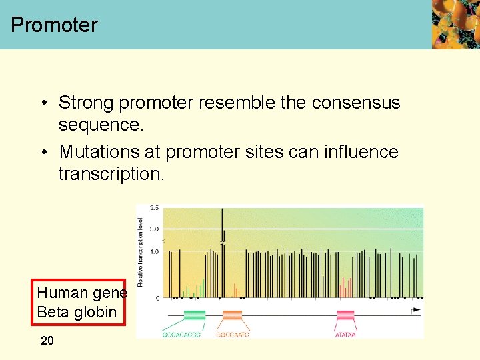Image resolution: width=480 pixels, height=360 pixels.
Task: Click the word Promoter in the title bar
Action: click(x=54, y=25)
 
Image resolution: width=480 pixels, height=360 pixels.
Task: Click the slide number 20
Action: click(x=47, y=341)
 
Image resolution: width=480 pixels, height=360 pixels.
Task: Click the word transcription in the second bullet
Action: click(x=109, y=174)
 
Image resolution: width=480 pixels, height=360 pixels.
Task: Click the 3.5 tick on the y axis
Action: click(x=154, y=208)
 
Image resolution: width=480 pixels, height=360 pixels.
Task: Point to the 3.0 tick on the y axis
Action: click(x=154, y=229)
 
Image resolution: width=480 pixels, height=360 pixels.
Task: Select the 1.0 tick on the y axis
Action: click(x=154, y=251)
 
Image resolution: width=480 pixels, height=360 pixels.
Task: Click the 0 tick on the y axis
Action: click(x=157, y=298)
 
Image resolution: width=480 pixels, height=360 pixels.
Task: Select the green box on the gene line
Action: click(x=194, y=314)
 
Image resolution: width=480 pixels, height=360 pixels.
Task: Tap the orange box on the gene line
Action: click(x=232, y=314)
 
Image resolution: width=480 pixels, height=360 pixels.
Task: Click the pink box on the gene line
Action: click(x=345, y=314)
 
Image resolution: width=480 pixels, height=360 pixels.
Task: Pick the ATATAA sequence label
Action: click(x=345, y=335)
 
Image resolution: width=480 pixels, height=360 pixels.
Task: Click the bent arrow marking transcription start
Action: click(x=417, y=310)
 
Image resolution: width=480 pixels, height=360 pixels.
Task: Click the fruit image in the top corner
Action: click(x=455, y=25)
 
